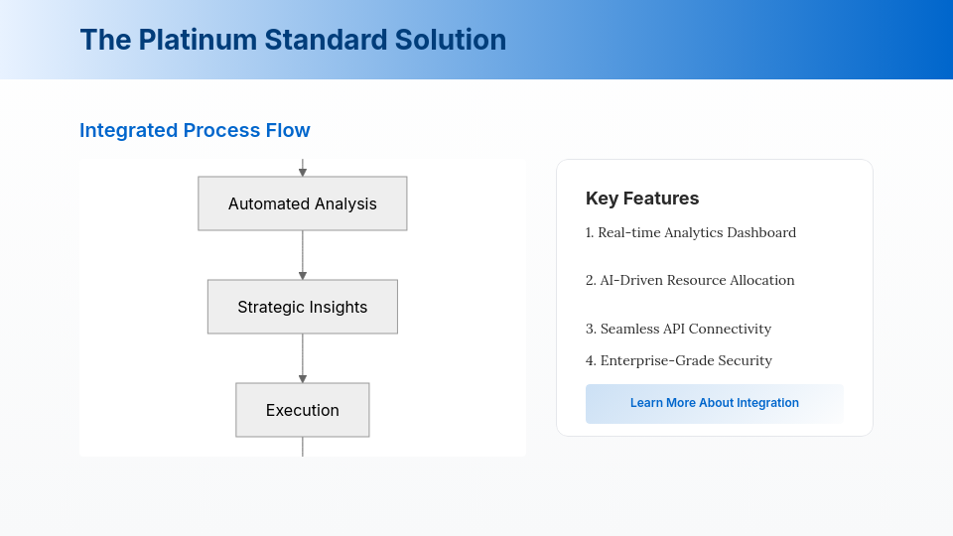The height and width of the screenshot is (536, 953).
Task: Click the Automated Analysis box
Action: pos(303,203)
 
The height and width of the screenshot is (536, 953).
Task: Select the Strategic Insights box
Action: pos(303,307)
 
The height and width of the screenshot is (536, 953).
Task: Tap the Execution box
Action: pos(303,410)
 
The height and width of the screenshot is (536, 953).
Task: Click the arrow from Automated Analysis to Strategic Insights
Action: pos(303,255)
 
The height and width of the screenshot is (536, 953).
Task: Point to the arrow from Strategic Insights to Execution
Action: pos(303,358)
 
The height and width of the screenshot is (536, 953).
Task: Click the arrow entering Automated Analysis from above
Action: pos(303,168)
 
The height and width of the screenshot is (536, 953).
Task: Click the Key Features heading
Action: pos(642,199)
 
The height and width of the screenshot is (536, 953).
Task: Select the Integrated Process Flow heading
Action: pos(196,130)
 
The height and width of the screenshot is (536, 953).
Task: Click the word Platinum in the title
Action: pos(198,40)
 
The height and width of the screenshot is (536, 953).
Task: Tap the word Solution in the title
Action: pos(451,40)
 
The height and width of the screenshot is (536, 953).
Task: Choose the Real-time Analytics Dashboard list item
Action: pos(691,232)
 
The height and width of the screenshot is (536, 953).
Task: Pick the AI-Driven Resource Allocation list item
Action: pos(690,280)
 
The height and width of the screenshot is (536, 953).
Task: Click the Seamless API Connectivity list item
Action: pos(678,329)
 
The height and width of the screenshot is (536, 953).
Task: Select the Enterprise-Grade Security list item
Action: pos(679,360)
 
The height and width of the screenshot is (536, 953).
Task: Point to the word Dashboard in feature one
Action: pos(761,232)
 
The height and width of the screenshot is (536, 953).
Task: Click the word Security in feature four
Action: pos(746,361)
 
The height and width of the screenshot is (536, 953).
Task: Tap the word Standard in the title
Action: pos(326,40)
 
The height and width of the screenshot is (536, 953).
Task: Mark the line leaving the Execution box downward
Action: pos(303,447)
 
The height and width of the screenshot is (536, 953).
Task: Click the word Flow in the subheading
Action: pos(288,130)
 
